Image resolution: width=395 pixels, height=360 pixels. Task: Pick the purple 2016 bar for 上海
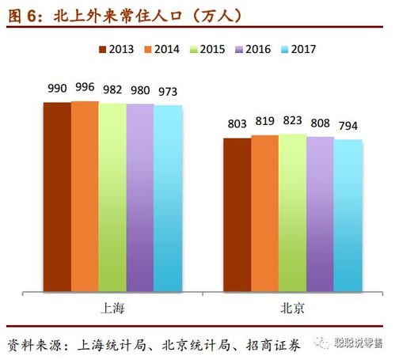[140, 197]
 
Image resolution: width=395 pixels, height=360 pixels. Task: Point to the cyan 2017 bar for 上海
[168, 198]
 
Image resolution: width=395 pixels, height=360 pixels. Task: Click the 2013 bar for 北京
[237, 214]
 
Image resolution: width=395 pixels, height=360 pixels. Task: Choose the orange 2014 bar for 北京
[264, 213]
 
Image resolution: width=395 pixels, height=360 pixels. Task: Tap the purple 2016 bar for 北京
[320, 214]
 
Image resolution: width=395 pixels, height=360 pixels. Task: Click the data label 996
[85, 88]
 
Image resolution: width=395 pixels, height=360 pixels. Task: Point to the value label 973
[168, 91]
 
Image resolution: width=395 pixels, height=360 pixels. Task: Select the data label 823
[292, 121]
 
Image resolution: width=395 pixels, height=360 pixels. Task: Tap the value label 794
[348, 127]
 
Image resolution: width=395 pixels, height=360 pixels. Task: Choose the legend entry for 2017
[297, 49]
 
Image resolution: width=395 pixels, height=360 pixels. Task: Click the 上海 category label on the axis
[113, 307]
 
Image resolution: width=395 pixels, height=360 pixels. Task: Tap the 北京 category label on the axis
[293, 307]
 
